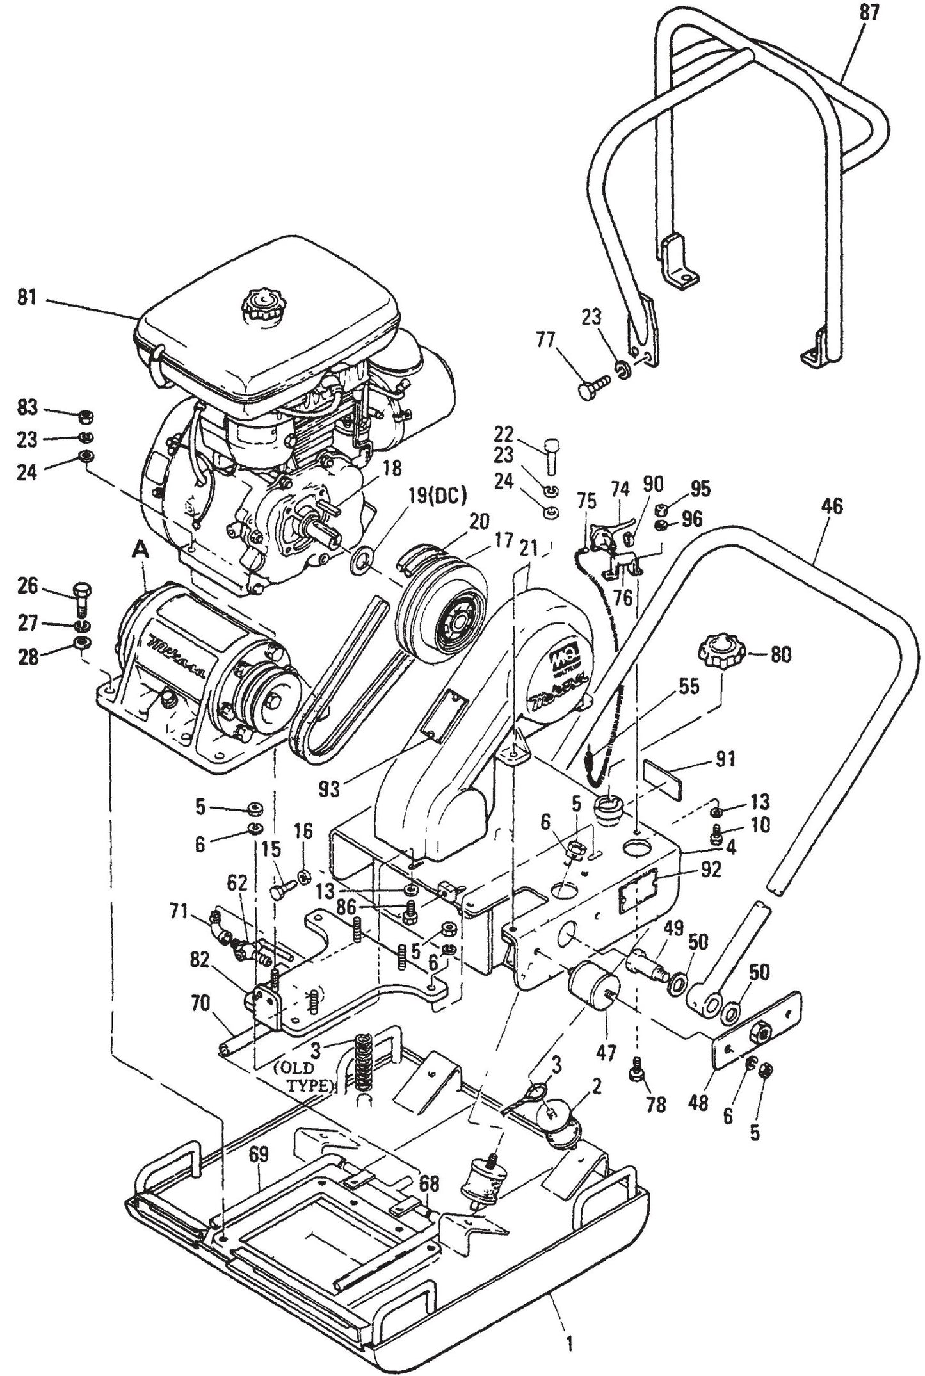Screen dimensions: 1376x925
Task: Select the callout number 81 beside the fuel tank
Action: click(27, 298)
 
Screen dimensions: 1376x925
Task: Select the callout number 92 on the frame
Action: click(710, 871)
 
